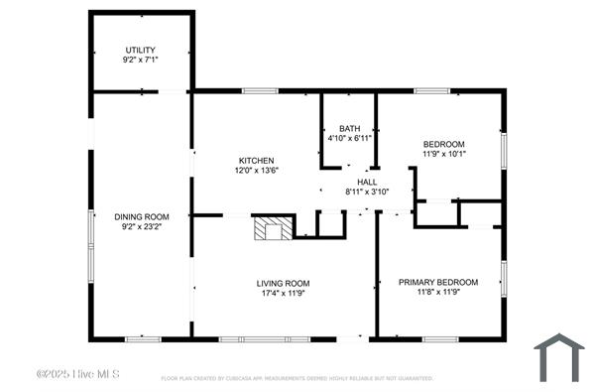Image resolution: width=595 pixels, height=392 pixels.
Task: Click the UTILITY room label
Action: tap(140, 50)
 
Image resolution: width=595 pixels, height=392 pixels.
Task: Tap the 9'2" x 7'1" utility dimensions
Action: tap(140, 60)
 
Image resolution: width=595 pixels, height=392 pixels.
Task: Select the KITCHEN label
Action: tap(256, 161)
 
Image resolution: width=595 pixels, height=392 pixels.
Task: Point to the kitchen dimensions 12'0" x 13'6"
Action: tap(256, 171)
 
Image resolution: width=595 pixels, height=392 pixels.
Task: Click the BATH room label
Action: tap(349, 128)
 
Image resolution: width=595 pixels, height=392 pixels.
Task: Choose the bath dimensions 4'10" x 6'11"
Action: tap(349, 138)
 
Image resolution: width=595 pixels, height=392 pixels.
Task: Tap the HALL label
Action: tap(367, 182)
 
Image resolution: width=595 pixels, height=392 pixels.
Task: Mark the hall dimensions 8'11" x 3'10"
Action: tap(367, 192)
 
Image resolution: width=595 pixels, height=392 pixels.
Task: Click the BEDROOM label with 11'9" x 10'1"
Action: tap(443, 144)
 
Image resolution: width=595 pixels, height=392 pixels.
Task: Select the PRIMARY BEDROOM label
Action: tap(438, 282)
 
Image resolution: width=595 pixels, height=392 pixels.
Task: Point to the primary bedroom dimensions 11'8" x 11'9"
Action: tap(438, 293)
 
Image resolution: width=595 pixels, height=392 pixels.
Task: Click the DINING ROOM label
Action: tap(140, 216)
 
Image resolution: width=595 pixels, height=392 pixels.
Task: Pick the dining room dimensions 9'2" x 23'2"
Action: tap(140, 227)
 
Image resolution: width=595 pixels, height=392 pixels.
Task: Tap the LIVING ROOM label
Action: tap(284, 282)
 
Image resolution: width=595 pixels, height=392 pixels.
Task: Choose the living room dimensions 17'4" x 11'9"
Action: tap(284, 293)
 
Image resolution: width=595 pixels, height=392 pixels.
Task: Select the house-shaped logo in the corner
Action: tap(559, 356)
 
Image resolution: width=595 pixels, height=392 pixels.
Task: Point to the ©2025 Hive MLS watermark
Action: tap(77, 374)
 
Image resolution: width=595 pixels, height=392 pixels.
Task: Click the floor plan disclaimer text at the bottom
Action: tap(297, 378)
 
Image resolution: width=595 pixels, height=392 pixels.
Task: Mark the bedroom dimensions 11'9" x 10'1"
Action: tap(443, 154)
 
